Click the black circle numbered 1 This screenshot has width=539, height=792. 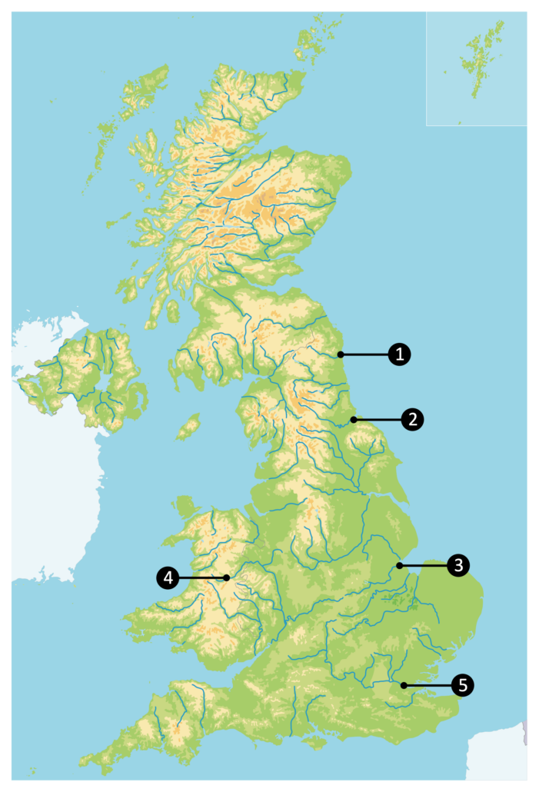tap(399, 354)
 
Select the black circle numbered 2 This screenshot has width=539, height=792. tap(412, 419)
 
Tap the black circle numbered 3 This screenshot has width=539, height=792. tap(457, 566)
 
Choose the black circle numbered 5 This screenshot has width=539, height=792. tap(462, 685)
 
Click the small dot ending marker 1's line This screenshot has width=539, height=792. tap(339, 354)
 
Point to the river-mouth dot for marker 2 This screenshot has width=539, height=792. tap(353, 419)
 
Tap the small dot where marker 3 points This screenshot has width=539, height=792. tap(399, 566)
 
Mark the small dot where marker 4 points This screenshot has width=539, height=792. tap(227, 577)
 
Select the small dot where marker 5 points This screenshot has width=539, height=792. tap(403, 685)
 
